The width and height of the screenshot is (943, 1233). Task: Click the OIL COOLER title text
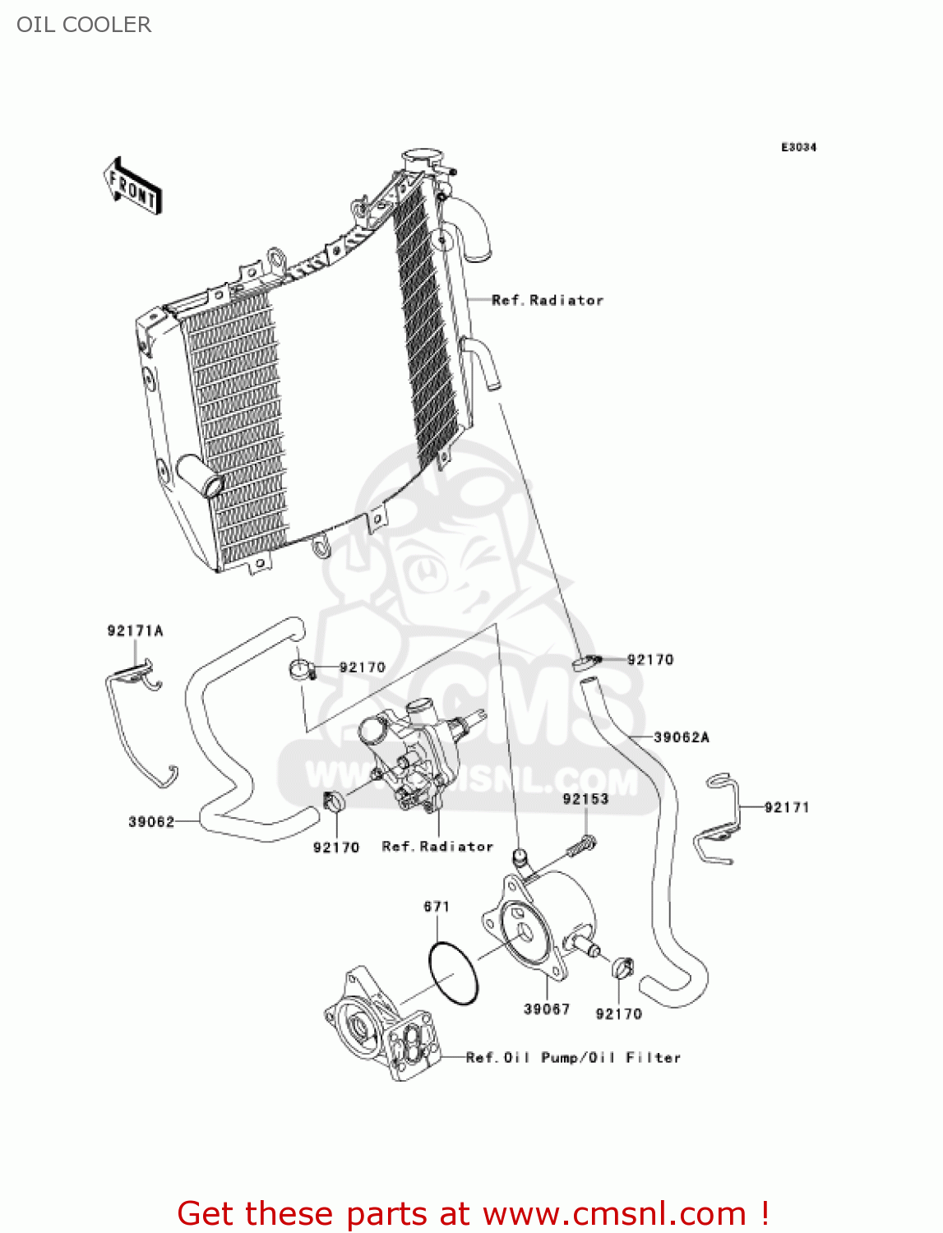point(84,25)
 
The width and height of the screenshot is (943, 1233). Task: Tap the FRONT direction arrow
point(132,187)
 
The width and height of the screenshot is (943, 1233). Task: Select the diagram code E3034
point(797,147)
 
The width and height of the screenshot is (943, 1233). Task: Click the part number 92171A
point(135,631)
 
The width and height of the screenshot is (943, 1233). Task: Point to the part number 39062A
point(681,737)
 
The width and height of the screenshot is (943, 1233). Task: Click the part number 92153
point(585,799)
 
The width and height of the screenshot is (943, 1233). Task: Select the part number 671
point(437,907)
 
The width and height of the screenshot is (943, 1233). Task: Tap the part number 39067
point(547,1009)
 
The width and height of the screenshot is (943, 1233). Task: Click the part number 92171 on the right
point(786,807)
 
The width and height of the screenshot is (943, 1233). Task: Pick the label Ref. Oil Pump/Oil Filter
point(573,1058)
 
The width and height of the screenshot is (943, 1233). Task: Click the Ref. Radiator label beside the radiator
point(548,301)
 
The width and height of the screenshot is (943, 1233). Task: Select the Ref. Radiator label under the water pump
point(437,847)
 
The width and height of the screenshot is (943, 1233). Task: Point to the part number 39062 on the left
point(151,822)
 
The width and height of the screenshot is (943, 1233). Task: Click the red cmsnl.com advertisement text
point(473,1213)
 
